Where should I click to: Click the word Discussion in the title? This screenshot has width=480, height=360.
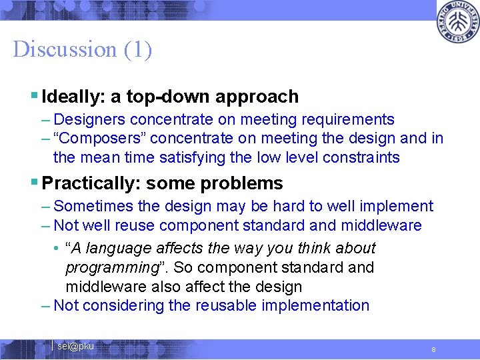pyautogui.click(x=65, y=49)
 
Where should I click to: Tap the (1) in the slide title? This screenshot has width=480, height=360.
pyautogui.click(x=137, y=49)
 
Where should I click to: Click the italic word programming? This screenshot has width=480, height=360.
pyautogui.click(x=110, y=268)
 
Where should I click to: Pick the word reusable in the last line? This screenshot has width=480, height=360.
pyautogui.click(x=225, y=306)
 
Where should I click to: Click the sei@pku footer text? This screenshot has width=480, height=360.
pyautogui.click(x=75, y=346)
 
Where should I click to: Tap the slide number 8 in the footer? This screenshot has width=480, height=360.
pyautogui.click(x=433, y=349)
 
